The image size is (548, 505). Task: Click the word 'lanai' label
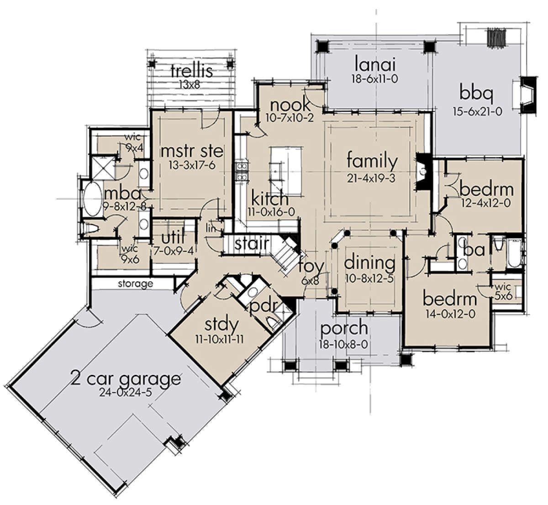pyautogui.click(x=375, y=64)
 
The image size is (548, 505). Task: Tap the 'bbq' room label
pyautogui.click(x=476, y=94)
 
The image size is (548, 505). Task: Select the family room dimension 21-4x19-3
pyautogui.click(x=371, y=178)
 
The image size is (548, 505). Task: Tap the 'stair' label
pyautogui.click(x=252, y=243)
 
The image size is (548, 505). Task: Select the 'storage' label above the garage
pyautogui.click(x=136, y=284)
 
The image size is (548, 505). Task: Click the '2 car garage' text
pyautogui.click(x=126, y=380)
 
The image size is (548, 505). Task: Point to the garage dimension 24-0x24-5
pyautogui.click(x=126, y=393)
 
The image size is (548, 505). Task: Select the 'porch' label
pyautogui.click(x=344, y=328)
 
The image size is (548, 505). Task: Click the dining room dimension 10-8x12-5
pyautogui.click(x=369, y=279)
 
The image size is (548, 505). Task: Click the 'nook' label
pyautogui.click(x=290, y=105)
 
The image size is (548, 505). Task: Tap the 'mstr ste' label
pyautogui.click(x=192, y=152)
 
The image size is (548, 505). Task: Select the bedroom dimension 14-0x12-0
pyautogui.click(x=450, y=314)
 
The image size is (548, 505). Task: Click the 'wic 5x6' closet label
pyautogui.click(x=503, y=291)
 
